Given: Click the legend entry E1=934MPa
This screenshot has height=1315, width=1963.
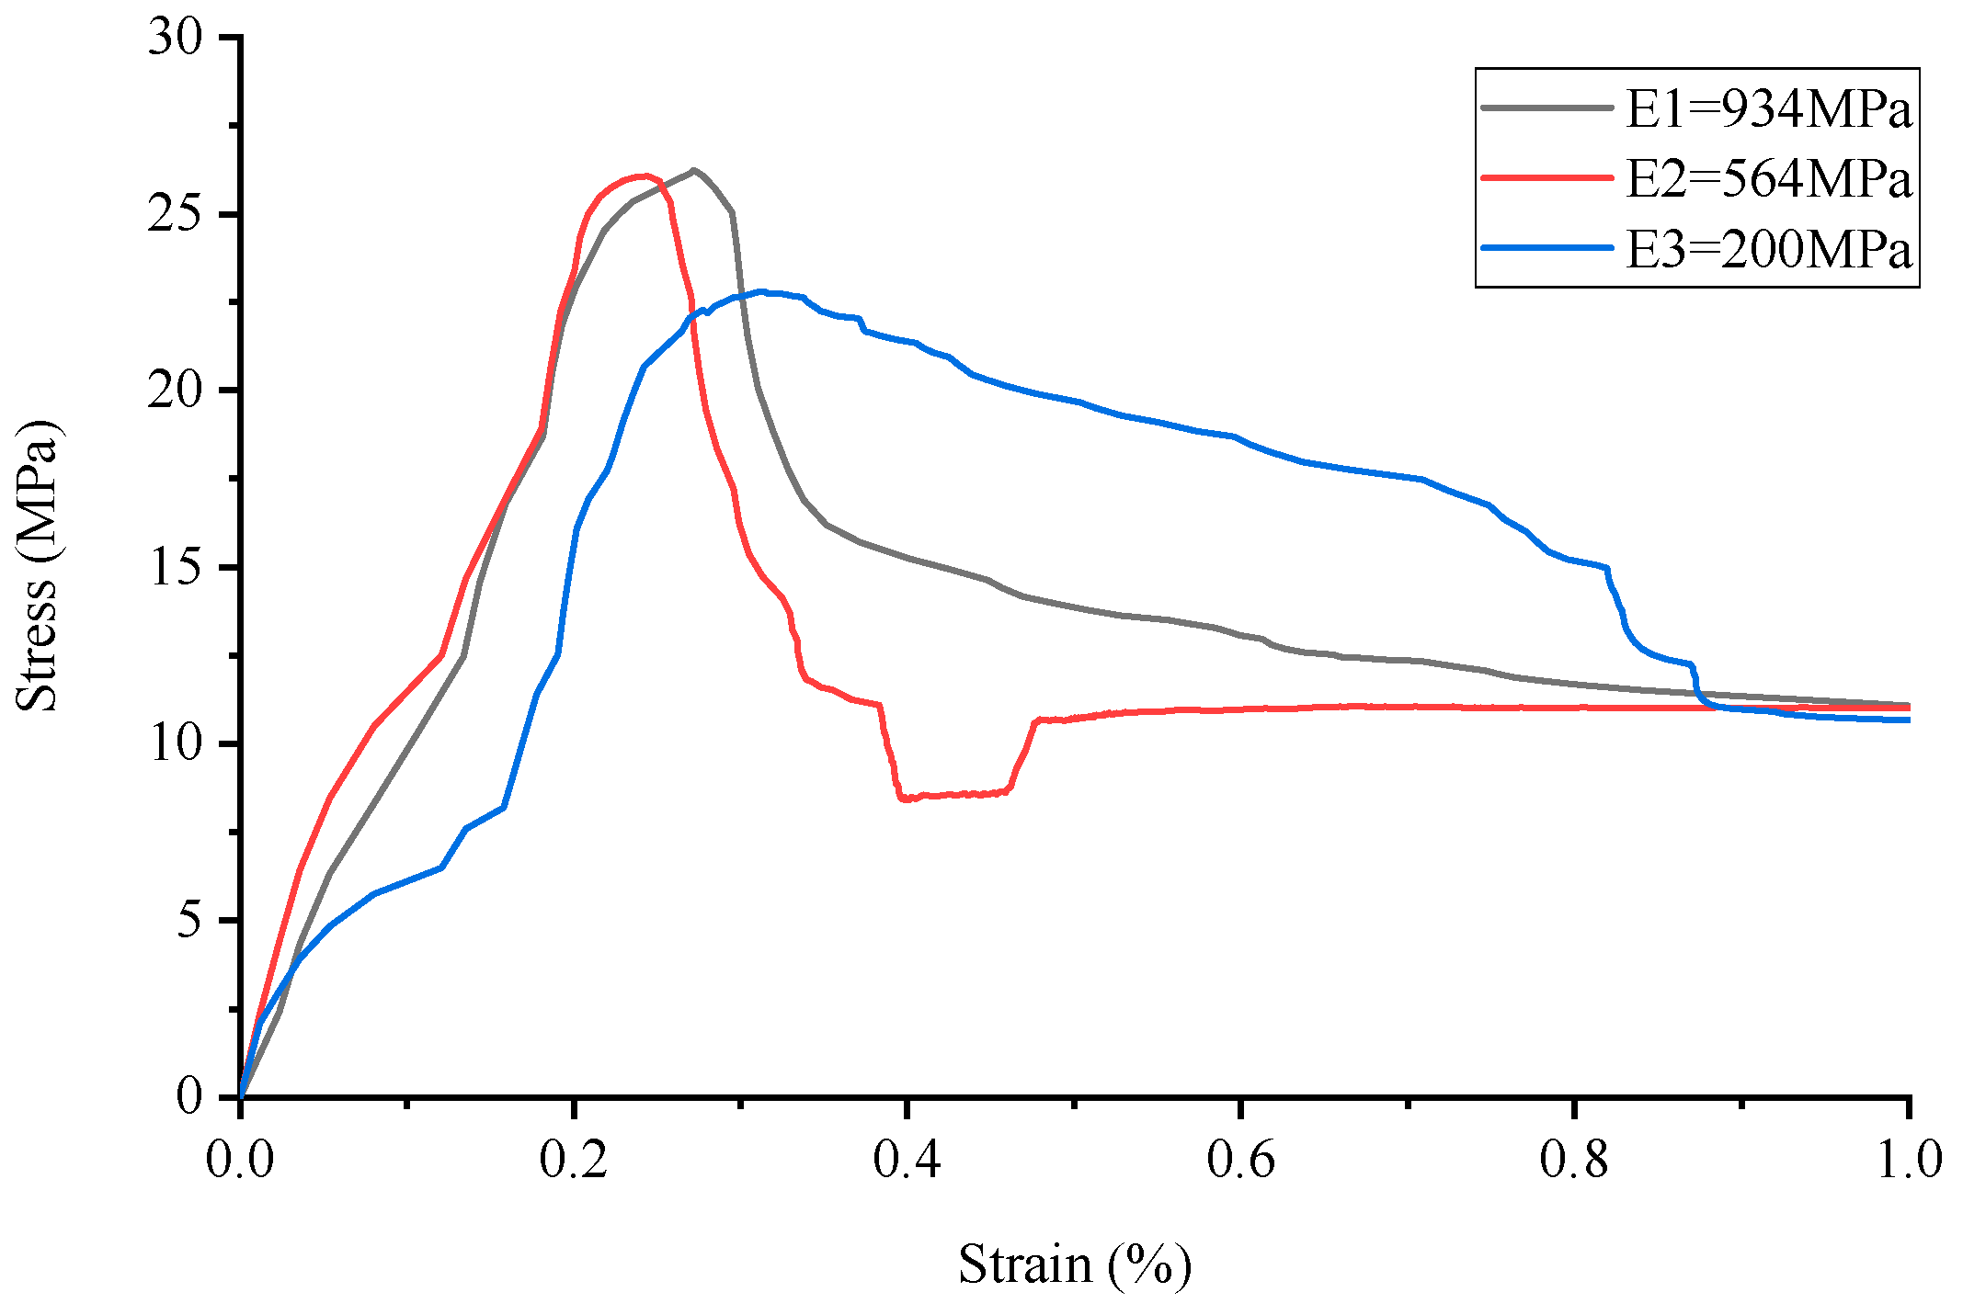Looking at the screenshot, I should tap(1768, 109).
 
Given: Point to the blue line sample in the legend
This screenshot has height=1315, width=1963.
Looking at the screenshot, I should tap(1547, 248).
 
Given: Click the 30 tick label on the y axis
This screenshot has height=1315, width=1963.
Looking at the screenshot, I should tap(175, 39).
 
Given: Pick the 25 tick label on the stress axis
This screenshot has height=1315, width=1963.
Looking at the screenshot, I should tap(175, 214).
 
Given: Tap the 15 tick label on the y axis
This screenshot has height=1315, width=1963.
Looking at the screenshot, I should tap(175, 567).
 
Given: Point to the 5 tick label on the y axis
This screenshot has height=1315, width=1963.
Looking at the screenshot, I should tap(189, 920).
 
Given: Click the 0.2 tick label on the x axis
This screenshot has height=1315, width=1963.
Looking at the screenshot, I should tap(573, 1160).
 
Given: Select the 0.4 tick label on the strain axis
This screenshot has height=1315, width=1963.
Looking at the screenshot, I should tap(907, 1160).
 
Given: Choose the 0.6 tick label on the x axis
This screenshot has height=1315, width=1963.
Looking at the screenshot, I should tap(1240, 1160).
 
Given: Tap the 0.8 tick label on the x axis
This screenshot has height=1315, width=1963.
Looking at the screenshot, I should tap(1574, 1160).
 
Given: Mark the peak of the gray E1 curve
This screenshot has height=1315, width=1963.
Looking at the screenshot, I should tap(693, 170).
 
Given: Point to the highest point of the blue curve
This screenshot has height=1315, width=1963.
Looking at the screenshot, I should tap(760, 292).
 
